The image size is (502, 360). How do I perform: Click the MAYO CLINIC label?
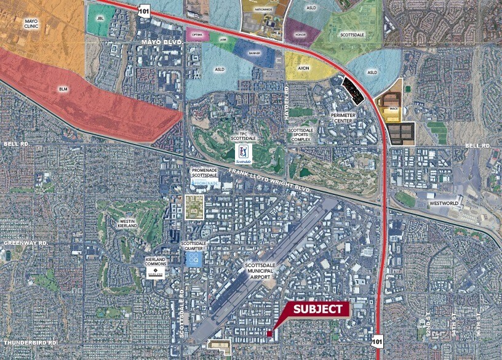[x=31, y=25]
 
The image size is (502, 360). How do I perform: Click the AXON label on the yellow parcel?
[x=303, y=69]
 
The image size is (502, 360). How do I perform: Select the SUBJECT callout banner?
[x=318, y=309]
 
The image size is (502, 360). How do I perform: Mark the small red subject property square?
[x=269, y=333]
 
